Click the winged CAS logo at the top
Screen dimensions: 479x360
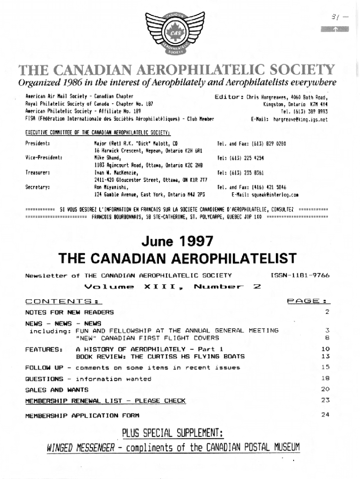tap(180, 31)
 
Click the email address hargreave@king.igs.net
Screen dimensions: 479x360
tap(300, 119)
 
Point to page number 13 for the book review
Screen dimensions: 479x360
tap(326, 356)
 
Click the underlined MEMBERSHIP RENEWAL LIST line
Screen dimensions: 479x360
tap(105, 401)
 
